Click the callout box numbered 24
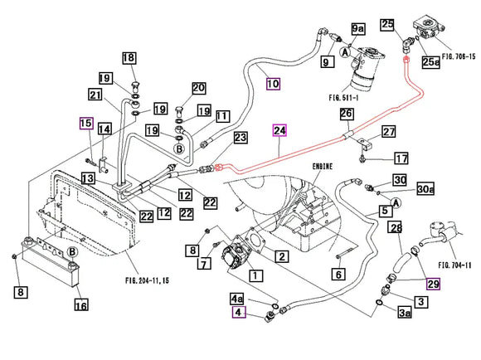(x=279, y=130)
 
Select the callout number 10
(x=273, y=84)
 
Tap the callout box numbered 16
(x=81, y=304)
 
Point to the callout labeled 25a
(x=431, y=62)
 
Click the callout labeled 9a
(x=358, y=28)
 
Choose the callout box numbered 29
(x=434, y=284)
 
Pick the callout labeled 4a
(x=237, y=299)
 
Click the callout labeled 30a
(x=425, y=189)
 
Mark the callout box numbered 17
(x=401, y=158)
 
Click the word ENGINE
(x=323, y=167)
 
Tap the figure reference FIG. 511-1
(x=343, y=98)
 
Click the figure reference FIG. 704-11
(x=454, y=265)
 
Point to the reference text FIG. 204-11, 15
(x=148, y=280)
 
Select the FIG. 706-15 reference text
(x=459, y=56)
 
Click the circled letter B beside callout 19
(x=179, y=149)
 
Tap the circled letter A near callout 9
(x=345, y=52)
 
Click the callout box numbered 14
(x=104, y=129)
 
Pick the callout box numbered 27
(x=389, y=132)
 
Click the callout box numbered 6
(x=338, y=274)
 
